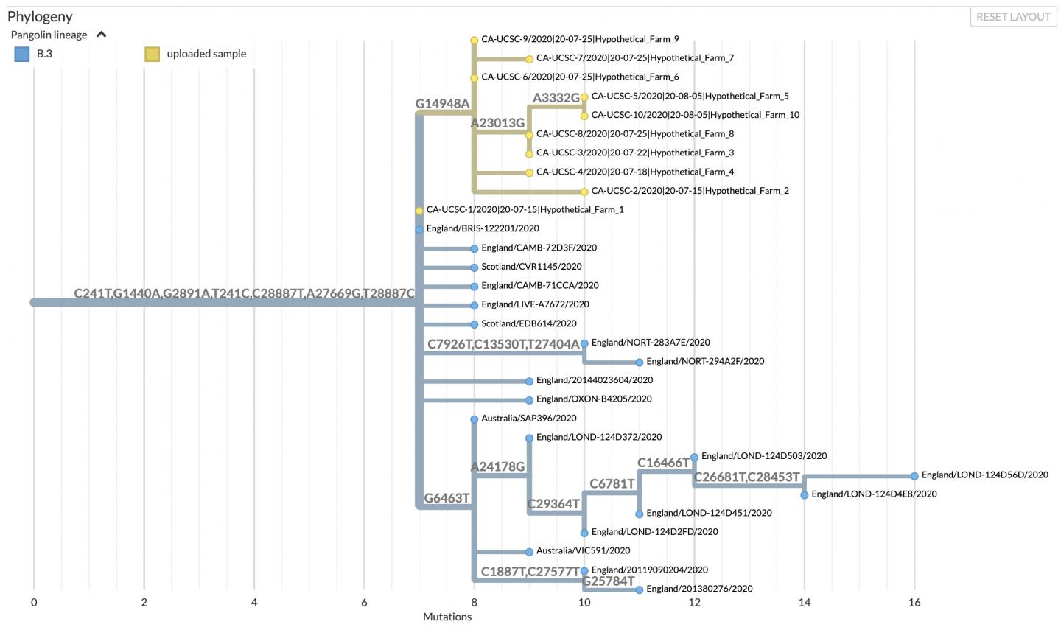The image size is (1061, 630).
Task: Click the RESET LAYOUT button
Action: click(1013, 17)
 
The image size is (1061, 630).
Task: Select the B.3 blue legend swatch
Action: click(22, 54)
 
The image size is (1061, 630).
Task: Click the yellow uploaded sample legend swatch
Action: click(152, 54)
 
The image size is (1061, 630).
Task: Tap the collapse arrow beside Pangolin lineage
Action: click(101, 35)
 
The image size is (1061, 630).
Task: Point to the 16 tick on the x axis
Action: click(914, 602)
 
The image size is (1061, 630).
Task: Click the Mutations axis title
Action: click(447, 617)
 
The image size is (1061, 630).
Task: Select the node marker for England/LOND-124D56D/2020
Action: click(914, 476)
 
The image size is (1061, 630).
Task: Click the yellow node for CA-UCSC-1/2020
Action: click(419, 211)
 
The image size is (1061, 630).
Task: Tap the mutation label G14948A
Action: click(442, 104)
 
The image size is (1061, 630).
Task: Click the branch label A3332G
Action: click(556, 98)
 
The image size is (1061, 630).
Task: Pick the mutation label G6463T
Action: click(447, 498)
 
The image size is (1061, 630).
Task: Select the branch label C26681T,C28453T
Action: click(747, 477)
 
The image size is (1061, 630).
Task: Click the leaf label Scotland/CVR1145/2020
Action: click(531, 267)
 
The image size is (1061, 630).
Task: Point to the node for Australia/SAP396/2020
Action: click(475, 419)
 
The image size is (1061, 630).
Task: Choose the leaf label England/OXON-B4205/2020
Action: click(594, 399)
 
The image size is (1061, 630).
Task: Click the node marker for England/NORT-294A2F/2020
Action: click(640, 363)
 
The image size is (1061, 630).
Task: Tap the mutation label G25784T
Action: click(609, 581)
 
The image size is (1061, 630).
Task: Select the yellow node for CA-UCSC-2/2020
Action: click(584, 192)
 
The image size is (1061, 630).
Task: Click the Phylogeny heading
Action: click(40, 16)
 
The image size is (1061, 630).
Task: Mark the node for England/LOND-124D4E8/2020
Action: click(805, 495)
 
